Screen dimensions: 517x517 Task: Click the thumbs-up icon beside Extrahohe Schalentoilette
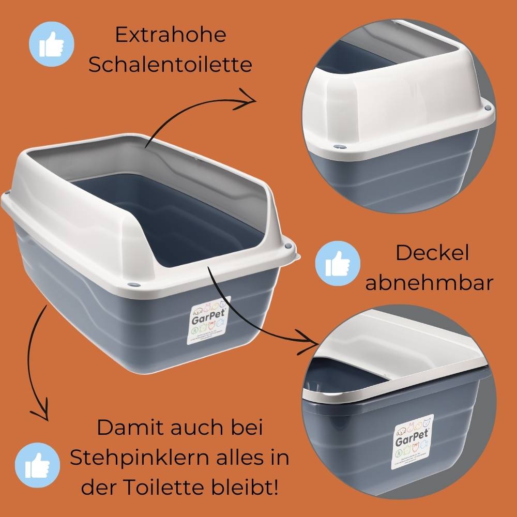coord(51,42)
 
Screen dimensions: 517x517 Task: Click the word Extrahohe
coord(171,36)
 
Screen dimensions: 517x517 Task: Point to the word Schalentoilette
coord(171,66)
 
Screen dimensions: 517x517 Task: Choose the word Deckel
coord(432,253)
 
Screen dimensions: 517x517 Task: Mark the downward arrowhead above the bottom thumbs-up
coord(39,414)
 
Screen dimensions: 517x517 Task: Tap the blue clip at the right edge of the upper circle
coord(487,108)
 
